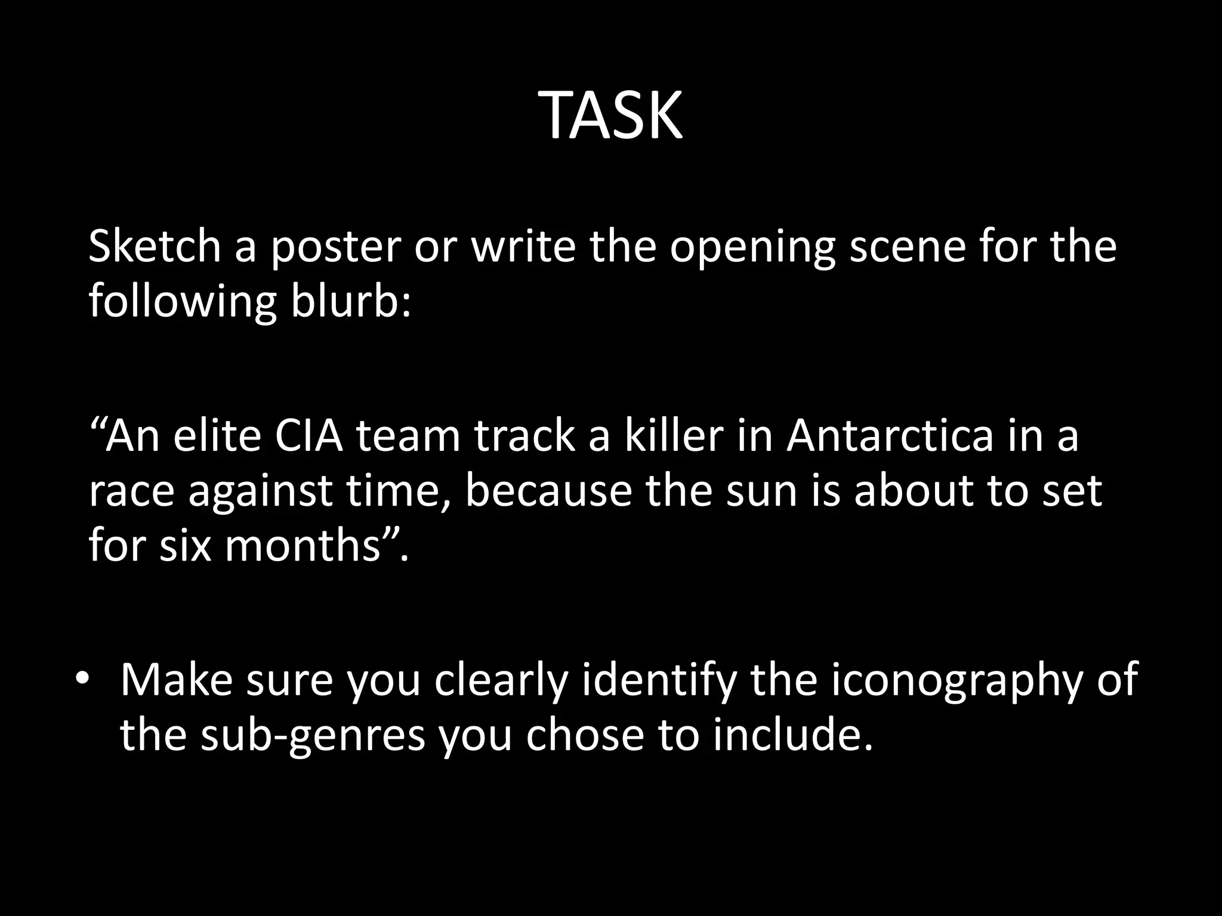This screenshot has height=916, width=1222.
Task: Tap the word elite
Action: (217, 436)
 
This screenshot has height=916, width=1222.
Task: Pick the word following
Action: (183, 301)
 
